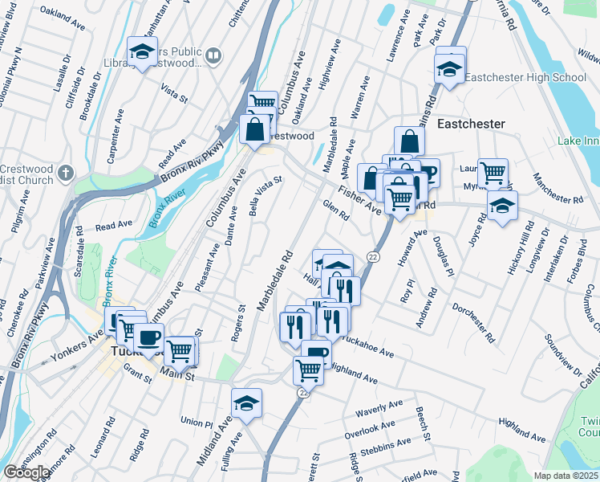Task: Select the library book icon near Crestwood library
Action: coord(213,55)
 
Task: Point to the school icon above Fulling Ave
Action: coord(246,403)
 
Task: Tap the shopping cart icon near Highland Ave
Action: coord(308,370)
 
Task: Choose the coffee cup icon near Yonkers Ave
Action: coord(148,337)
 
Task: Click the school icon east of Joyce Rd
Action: coord(502,206)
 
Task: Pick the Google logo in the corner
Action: coord(26,472)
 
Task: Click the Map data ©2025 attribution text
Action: coord(566,476)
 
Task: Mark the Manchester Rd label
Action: coord(557,190)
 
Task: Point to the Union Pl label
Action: coord(197,422)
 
